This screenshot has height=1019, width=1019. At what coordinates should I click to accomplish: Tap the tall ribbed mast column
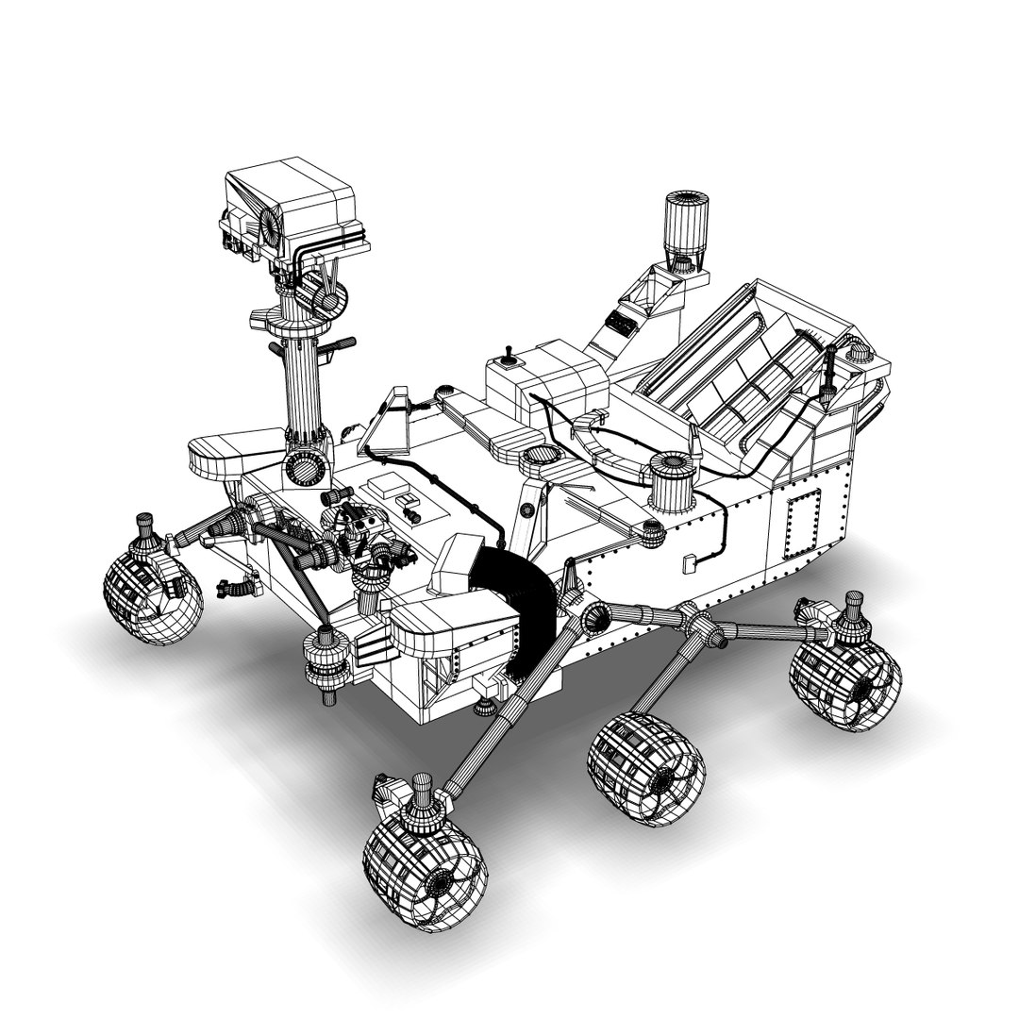tap(304, 387)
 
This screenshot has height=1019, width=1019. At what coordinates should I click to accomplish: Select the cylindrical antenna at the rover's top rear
tap(685, 225)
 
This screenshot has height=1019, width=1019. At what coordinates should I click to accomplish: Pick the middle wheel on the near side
tap(647, 770)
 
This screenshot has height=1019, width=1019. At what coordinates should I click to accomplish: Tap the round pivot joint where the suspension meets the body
tap(597, 619)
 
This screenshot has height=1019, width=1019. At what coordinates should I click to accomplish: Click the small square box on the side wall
tap(689, 563)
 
